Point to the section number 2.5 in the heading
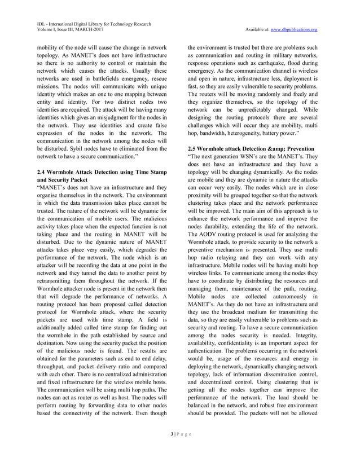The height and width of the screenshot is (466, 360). click(194, 148)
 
